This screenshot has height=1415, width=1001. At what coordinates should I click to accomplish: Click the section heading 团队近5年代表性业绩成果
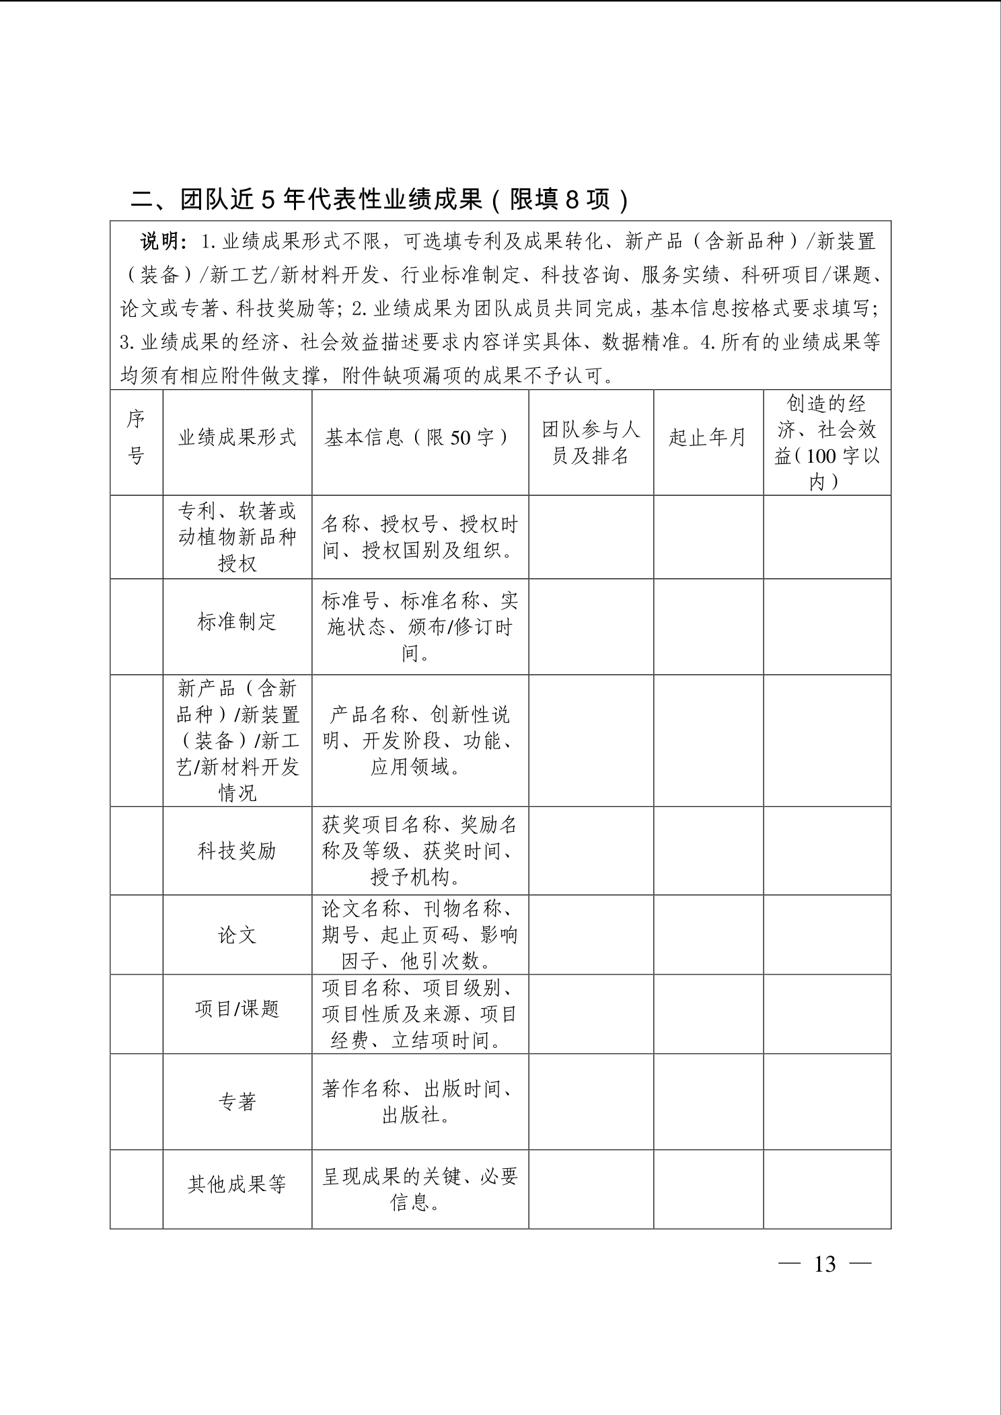(x=379, y=200)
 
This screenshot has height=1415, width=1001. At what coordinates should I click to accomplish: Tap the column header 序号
(x=136, y=438)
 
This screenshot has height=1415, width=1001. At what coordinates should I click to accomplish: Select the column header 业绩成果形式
(x=237, y=438)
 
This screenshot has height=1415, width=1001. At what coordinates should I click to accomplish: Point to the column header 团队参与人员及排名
(x=591, y=443)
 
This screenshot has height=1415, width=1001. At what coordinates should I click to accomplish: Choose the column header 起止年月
(x=708, y=438)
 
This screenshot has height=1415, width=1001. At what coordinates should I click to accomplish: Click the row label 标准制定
(x=237, y=621)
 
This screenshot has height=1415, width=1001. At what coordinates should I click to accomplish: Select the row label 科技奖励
(x=237, y=851)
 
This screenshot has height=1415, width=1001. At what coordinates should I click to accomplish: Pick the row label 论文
(x=237, y=935)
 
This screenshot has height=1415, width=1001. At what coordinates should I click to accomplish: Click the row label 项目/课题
(x=237, y=1009)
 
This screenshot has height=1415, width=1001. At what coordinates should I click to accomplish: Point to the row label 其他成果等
(x=237, y=1184)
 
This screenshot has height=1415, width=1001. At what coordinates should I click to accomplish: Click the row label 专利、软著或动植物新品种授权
(x=237, y=537)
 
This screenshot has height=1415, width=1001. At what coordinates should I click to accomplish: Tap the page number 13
(x=825, y=1264)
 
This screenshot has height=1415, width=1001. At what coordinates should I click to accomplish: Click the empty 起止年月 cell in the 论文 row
(x=708, y=935)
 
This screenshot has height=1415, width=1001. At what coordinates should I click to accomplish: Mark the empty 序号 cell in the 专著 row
(x=136, y=1102)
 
